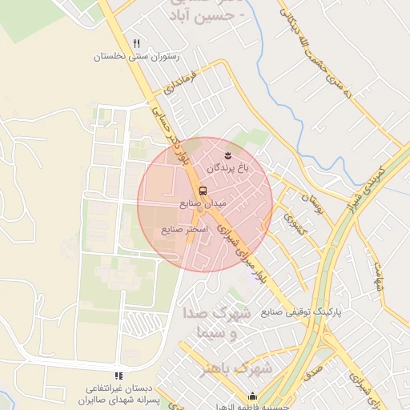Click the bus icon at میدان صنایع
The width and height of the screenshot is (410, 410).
(x=203, y=191)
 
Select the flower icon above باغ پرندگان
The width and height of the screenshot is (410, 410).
(x=227, y=154)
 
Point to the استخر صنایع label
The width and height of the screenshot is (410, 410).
(x=185, y=229)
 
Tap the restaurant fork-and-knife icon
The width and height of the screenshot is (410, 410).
(x=137, y=43)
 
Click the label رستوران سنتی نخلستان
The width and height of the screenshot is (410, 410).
(x=136, y=57)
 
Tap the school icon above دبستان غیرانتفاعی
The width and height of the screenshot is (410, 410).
(x=119, y=376)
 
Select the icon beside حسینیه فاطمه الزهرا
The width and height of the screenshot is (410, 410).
(x=253, y=396)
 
